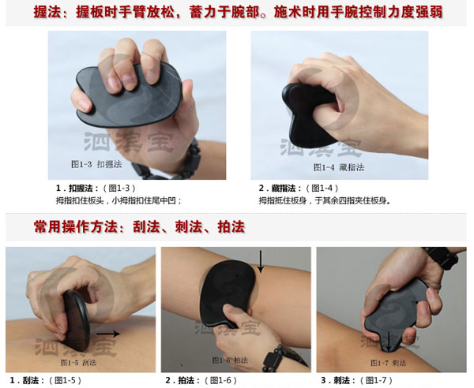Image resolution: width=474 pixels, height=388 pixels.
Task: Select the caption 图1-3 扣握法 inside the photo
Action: coord(97,166)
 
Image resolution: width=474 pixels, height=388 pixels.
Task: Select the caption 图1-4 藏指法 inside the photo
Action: coord(338,167)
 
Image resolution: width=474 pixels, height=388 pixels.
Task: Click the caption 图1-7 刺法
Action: coord(392,361)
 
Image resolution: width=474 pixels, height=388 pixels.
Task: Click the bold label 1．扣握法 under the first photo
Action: coord(75,188)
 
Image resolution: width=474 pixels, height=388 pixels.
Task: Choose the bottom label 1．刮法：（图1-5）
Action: coord(47,380)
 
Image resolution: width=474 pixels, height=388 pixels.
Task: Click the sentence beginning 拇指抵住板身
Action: coord(324,200)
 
